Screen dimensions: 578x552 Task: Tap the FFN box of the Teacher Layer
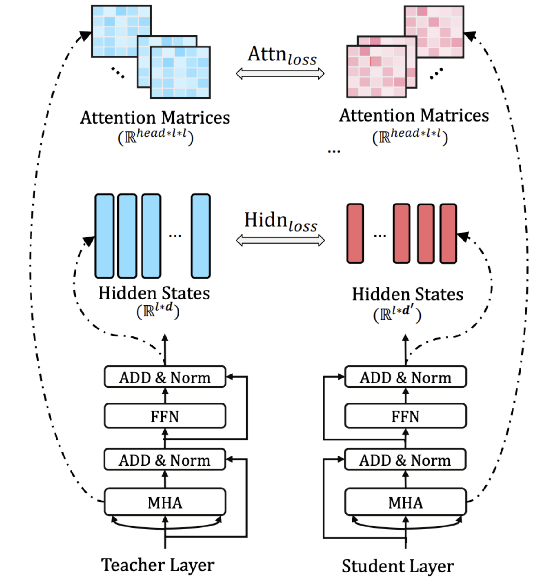[x=165, y=416]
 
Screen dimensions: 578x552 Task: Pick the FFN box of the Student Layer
[x=405, y=416]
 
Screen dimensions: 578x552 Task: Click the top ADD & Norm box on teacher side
[x=165, y=377]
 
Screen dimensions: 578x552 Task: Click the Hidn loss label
[x=281, y=221]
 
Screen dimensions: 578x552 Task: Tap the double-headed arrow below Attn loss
[x=280, y=74]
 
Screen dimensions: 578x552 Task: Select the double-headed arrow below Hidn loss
[x=280, y=240]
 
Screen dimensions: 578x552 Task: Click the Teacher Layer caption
[x=158, y=565]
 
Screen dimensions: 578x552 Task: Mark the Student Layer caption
[x=398, y=566]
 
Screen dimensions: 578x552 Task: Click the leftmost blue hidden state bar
[x=104, y=236]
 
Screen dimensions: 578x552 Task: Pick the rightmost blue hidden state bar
[x=201, y=236]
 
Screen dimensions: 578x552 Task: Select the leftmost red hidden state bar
[x=355, y=233]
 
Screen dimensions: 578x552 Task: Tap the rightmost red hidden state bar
[x=448, y=233]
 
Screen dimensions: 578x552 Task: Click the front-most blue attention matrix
[x=180, y=72]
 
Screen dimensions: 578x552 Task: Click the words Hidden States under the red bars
[x=408, y=294]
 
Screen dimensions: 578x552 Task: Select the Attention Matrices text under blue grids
[x=155, y=118]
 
